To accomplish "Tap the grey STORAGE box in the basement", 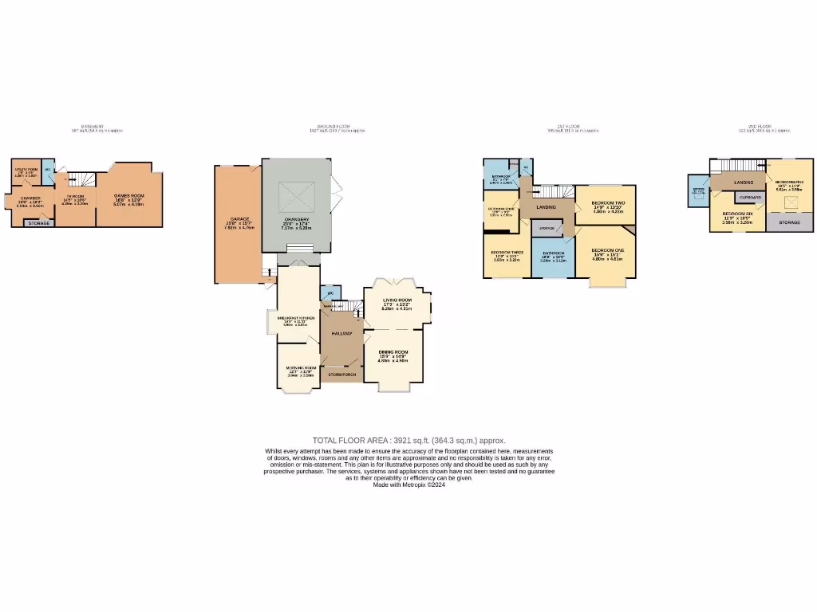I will coord(39,223).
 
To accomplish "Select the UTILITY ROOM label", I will coord(26,169).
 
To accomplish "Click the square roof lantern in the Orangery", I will coord(296,197).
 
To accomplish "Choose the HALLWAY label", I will coord(341,333).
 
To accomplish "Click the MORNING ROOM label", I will coord(301,368).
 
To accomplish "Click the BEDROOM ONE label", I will coord(608,250).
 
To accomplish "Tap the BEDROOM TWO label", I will coord(607,204).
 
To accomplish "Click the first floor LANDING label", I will coord(547,207).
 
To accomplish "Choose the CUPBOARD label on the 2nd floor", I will coord(750,197).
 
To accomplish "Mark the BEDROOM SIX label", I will coord(736,214).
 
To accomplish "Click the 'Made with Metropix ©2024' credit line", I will coord(408,484).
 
